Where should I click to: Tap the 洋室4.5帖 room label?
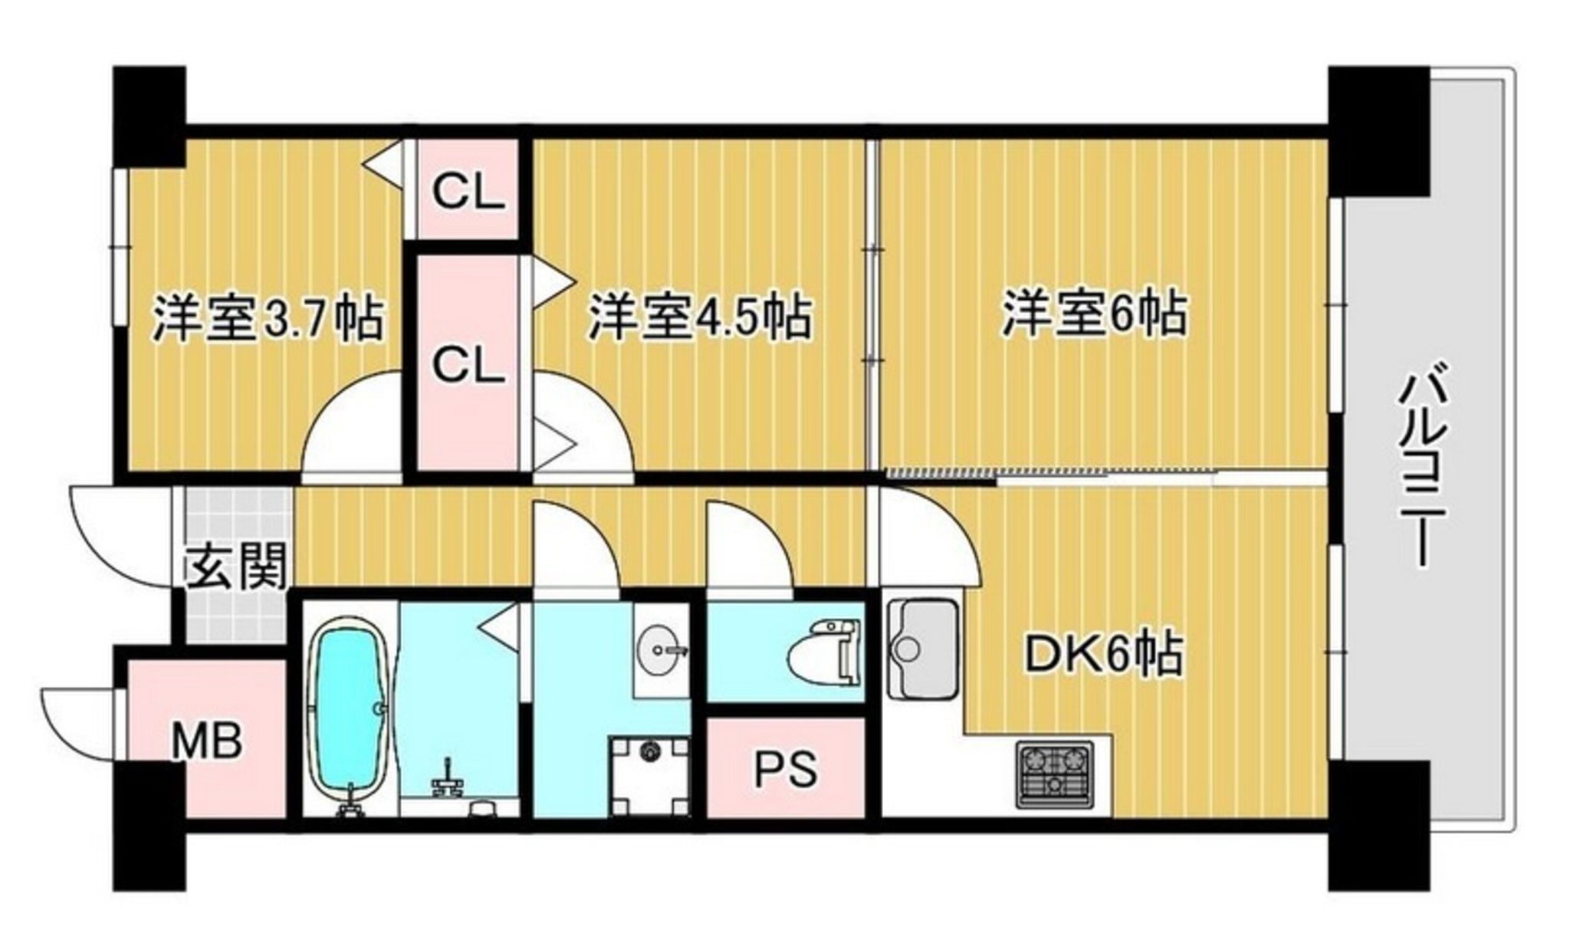point(699,316)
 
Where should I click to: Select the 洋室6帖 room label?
point(1095,314)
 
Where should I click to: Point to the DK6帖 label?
point(1106,653)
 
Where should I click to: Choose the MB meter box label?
point(206,741)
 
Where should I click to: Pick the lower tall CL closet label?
point(469,365)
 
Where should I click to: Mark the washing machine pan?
point(649,776)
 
